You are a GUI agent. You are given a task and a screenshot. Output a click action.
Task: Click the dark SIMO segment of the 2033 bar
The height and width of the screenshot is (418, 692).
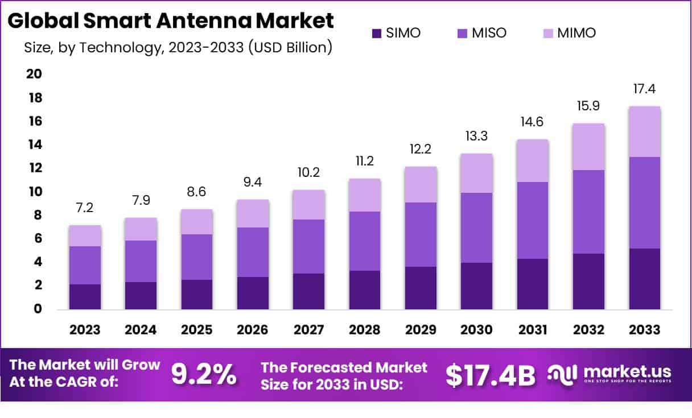coord(644,279)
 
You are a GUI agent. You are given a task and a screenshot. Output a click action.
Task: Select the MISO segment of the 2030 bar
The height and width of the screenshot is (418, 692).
coord(476,227)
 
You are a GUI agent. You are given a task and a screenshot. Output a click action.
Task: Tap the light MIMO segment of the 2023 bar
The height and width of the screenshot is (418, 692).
coord(85,235)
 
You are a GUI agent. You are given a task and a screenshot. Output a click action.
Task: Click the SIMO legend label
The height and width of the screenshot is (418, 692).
coord(403,33)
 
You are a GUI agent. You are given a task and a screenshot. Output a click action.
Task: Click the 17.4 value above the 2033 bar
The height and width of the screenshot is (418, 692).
coord(644,89)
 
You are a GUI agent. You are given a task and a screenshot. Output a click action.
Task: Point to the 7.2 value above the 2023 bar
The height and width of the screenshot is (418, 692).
coord(85,209)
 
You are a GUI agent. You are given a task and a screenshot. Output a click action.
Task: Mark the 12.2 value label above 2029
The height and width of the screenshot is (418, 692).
coord(421,150)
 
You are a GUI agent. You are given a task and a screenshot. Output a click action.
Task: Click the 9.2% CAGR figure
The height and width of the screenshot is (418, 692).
coord(203,374)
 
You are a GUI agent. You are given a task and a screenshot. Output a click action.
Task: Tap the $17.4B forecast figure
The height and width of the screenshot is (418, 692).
coord(491,375)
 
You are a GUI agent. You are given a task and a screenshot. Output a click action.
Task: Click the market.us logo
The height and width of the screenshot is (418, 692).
coord(609,374)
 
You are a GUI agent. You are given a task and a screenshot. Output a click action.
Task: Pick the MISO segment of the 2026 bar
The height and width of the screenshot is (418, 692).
coord(253,252)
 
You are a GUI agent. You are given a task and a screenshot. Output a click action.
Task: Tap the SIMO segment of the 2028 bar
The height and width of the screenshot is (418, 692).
coord(365,289)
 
